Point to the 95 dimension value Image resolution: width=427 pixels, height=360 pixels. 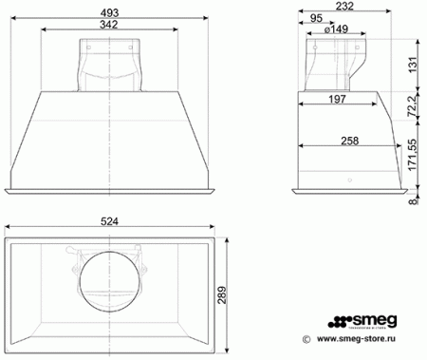[322, 18]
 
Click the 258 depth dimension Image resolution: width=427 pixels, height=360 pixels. [348, 142]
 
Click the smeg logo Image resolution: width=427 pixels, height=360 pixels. [366, 319]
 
